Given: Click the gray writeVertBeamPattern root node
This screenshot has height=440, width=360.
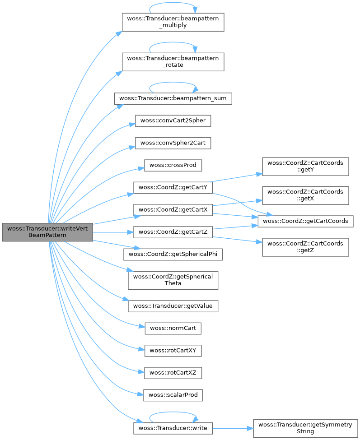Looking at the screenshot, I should tap(47, 232).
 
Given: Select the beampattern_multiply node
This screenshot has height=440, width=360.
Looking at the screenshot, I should tap(173, 22).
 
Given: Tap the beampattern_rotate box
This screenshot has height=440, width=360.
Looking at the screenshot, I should tap(173, 61).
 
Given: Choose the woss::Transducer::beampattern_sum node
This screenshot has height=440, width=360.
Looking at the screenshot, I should tap(173, 98).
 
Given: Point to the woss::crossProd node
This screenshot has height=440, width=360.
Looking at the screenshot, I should tap(173, 165).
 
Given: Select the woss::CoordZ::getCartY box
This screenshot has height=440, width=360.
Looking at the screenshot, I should tap(173, 187).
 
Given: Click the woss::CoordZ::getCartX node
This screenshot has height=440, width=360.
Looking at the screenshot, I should tap(173, 209).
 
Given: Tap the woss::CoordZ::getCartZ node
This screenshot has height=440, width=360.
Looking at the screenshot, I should tap(173, 232).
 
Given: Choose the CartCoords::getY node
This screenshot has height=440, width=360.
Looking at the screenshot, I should tap(305, 167).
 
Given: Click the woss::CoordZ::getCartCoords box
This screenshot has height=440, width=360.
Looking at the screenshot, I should tap(305, 221).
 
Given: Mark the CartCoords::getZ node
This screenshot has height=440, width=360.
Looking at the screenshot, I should tap(305, 247).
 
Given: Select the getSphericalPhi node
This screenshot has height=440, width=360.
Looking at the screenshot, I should tap(173, 254).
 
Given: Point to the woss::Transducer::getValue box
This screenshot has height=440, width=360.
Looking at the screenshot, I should tap(173, 306).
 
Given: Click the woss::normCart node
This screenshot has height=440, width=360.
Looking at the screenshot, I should tap(173, 328).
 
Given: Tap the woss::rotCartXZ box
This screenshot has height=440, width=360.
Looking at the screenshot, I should tap(173, 373).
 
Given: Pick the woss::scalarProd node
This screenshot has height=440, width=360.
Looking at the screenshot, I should tap(173, 395).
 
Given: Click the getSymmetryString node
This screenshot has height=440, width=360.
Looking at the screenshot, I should tap(305, 427).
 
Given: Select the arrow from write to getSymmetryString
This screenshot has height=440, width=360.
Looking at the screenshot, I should tap(233, 427).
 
